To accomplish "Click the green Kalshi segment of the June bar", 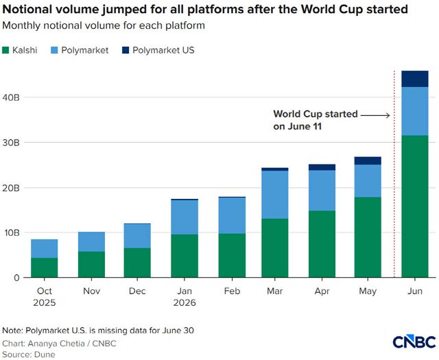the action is (x=414, y=206).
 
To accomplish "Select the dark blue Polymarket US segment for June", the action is (x=414, y=79).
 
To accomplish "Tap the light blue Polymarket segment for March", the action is (x=274, y=195).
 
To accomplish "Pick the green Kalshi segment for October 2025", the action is (x=44, y=267).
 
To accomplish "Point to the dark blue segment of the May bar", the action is (x=368, y=160).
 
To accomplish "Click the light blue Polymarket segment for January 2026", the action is (x=185, y=217).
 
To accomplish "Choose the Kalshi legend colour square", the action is (x=5, y=50).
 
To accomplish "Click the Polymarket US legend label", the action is (x=163, y=50).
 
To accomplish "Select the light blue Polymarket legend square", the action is (x=54, y=50).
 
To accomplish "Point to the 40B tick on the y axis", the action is (x=11, y=97).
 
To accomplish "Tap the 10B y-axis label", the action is (x=11, y=232).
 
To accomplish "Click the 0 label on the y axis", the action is (x=16, y=278).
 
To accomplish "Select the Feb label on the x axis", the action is (x=232, y=291).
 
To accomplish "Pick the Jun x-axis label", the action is (x=414, y=291).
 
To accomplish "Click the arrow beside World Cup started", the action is (x=375, y=115).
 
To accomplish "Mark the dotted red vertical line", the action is (x=394, y=174).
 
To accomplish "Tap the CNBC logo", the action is (x=414, y=341).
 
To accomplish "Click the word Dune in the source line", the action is (x=45, y=355).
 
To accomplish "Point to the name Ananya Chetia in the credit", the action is (x=56, y=344).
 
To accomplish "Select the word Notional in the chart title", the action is (x=26, y=10).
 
